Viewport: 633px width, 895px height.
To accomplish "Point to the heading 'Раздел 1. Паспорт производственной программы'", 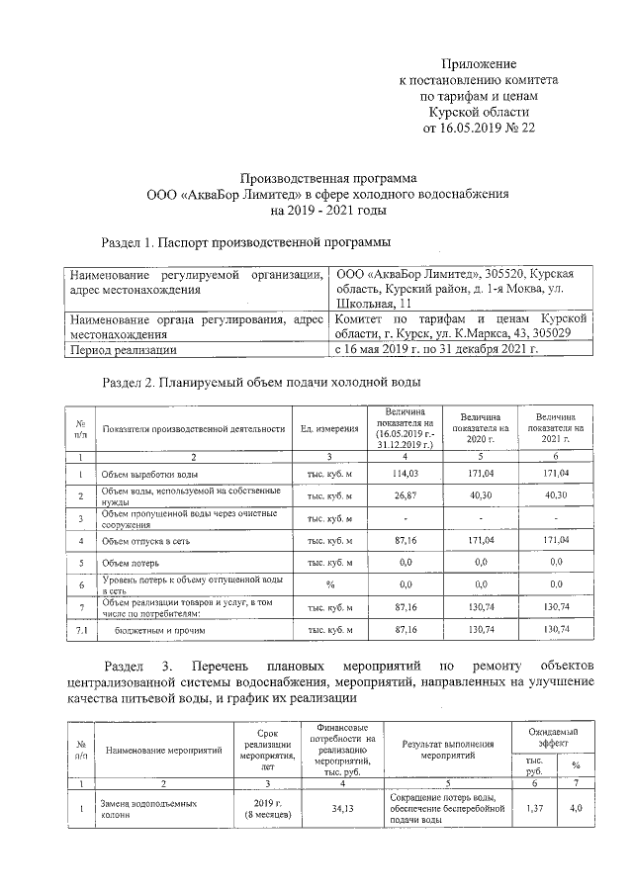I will coord(246,242).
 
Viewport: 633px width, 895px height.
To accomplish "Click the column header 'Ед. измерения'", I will coord(329,428).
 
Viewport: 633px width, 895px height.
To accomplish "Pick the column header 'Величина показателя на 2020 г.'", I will coord(477,428).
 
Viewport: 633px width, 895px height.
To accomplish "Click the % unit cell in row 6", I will coord(329,584).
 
